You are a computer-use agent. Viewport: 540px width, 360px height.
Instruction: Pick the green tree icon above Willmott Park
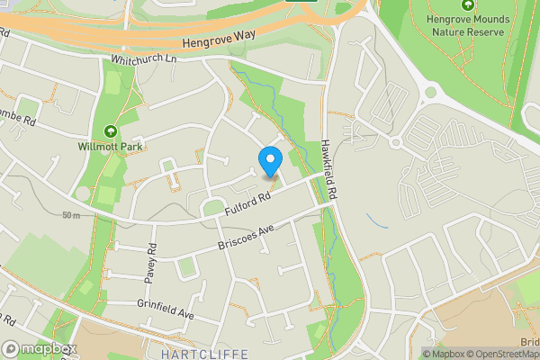coord(110,130)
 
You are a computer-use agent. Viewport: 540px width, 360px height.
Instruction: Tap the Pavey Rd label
coord(152,259)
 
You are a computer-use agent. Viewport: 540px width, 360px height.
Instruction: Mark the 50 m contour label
coord(73,215)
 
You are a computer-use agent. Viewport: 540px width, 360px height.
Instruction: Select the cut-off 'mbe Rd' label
coord(16,118)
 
